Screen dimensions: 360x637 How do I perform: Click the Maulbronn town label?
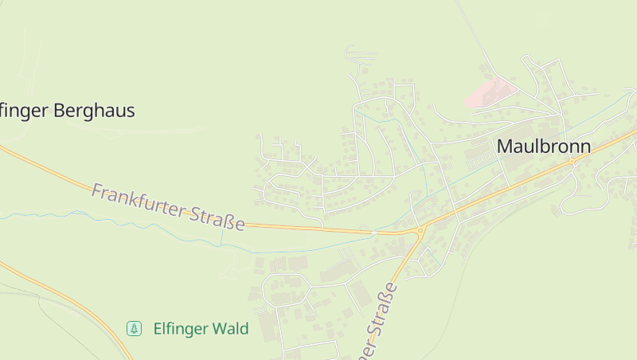click(544, 147)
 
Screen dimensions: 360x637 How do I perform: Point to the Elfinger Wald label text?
click(201, 328)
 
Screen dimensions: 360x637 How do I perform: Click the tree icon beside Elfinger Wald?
click(135, 328)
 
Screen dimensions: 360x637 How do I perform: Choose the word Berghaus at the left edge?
click(95, 111)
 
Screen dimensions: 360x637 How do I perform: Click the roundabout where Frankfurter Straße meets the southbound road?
click(420, 232)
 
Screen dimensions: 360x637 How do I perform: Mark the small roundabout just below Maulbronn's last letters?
click(571, 162)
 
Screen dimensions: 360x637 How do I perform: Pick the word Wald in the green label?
click(232, 328)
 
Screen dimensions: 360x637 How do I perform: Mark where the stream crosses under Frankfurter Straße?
click(373, 233)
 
